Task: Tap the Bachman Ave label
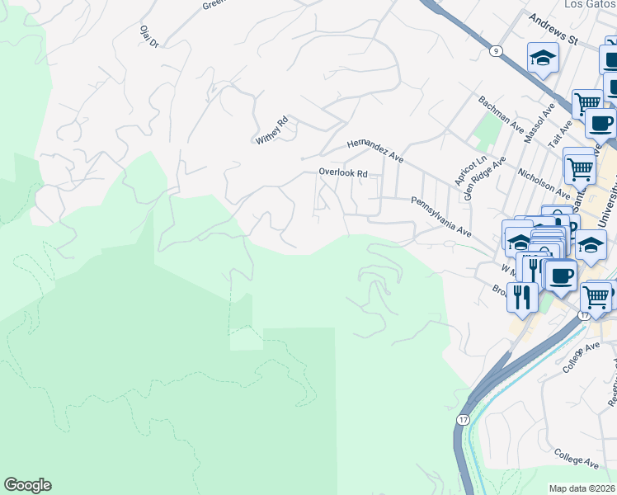pos(502,114)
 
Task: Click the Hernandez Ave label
pos(375,149)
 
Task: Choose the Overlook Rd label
pos(343,173)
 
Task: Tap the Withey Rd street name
pos(271,131)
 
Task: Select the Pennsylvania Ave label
pos(440,216)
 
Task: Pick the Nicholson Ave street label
pos(544,184)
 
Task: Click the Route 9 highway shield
pos(495,50)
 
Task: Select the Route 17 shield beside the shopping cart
pos(585,315)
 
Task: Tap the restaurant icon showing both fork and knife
pos(523,295)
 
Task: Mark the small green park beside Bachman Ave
pos(488,128)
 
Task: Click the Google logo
pos(27,485)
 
